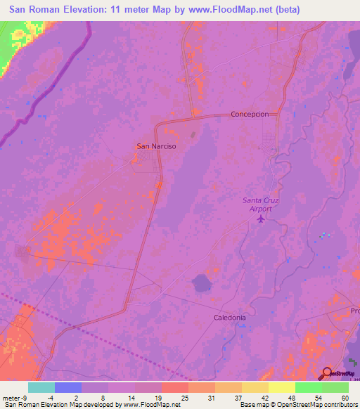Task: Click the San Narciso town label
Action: tap(155, 146)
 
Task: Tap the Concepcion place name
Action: tap(250, 114)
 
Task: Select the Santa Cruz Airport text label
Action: tap(260, 204)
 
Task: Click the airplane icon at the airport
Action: tap(262, 219)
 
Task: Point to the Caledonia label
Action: tap(230, 318)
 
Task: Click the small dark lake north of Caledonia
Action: tap(202, 283)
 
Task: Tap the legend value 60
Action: tap(344, 397)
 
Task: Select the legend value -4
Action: tap(60, 397)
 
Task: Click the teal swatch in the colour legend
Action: tap(41, 387)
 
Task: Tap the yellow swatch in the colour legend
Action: tap(281, 387)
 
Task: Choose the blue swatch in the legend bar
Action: tap(67, 387)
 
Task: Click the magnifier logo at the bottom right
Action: tap(327, 373)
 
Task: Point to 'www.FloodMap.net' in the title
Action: tap(239, 10)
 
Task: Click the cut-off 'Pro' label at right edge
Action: tap(354, 310)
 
